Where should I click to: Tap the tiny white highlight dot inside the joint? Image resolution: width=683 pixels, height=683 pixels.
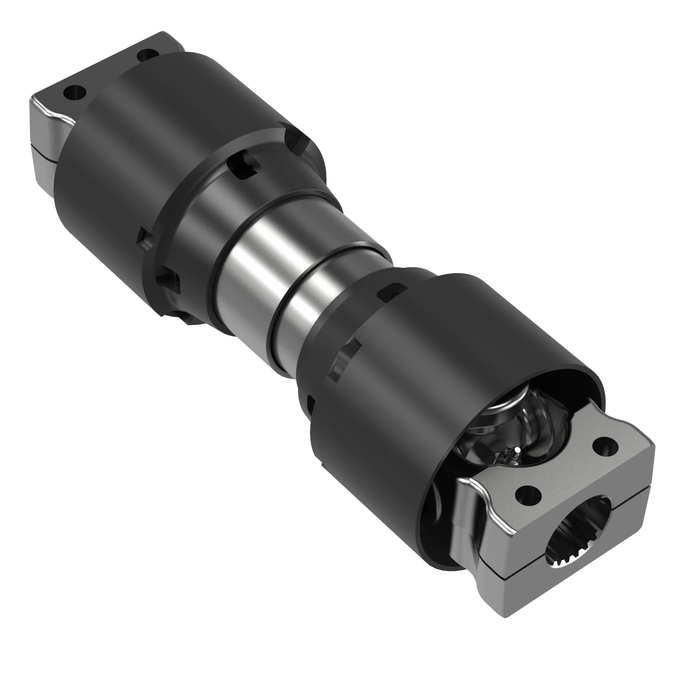tap(517, 450)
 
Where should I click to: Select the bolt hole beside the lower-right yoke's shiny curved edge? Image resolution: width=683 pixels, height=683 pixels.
tap(528, 495)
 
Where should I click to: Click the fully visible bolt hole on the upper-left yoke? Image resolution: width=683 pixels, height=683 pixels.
tap(74, 93)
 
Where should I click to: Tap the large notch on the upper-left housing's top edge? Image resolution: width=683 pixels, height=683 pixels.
tap(296, 141)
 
